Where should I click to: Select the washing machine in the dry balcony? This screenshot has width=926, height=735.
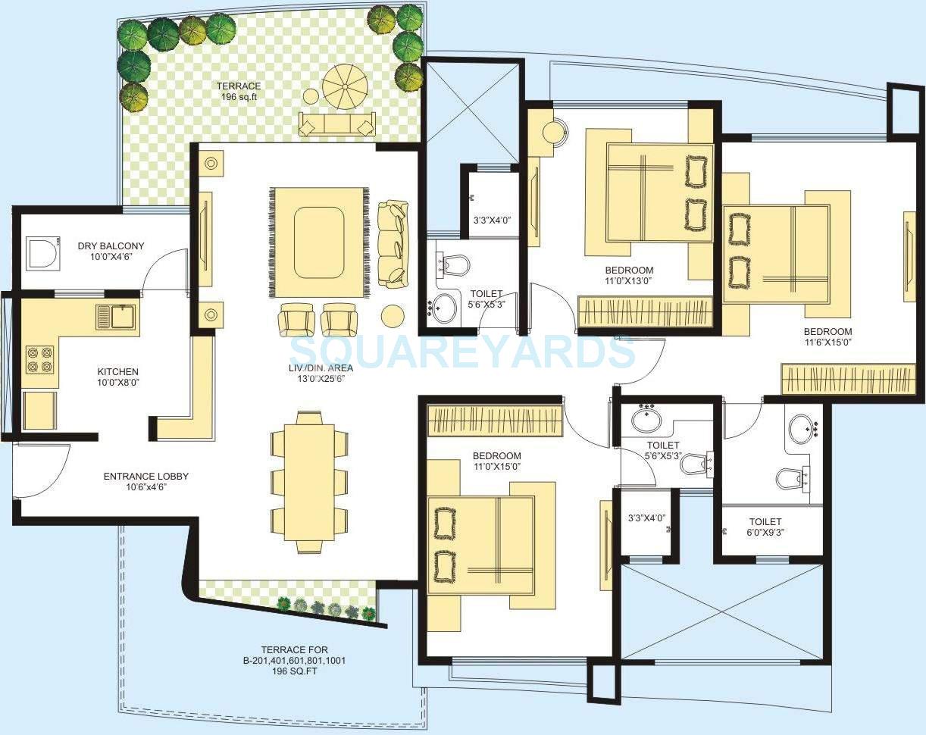tap(42, 253)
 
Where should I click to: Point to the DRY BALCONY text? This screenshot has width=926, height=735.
tap(111, 246)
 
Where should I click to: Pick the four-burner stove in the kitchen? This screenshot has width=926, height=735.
tap(40, 358)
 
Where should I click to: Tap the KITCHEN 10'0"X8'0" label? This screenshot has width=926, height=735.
tap(117, 377)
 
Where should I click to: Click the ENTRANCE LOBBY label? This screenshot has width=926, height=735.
tap(145, 481)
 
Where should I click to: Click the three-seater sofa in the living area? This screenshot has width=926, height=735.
tap(393, 242)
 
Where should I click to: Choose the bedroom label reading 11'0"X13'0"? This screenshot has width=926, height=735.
tap(628, 275)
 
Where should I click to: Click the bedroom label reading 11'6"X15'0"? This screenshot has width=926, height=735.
tap(827, 336)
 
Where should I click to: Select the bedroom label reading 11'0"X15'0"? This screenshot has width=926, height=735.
tap(496, 461)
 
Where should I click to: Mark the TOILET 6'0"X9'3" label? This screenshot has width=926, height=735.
tap(765, 527)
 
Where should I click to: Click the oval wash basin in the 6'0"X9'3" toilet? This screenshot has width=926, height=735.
tap(802, 429)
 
